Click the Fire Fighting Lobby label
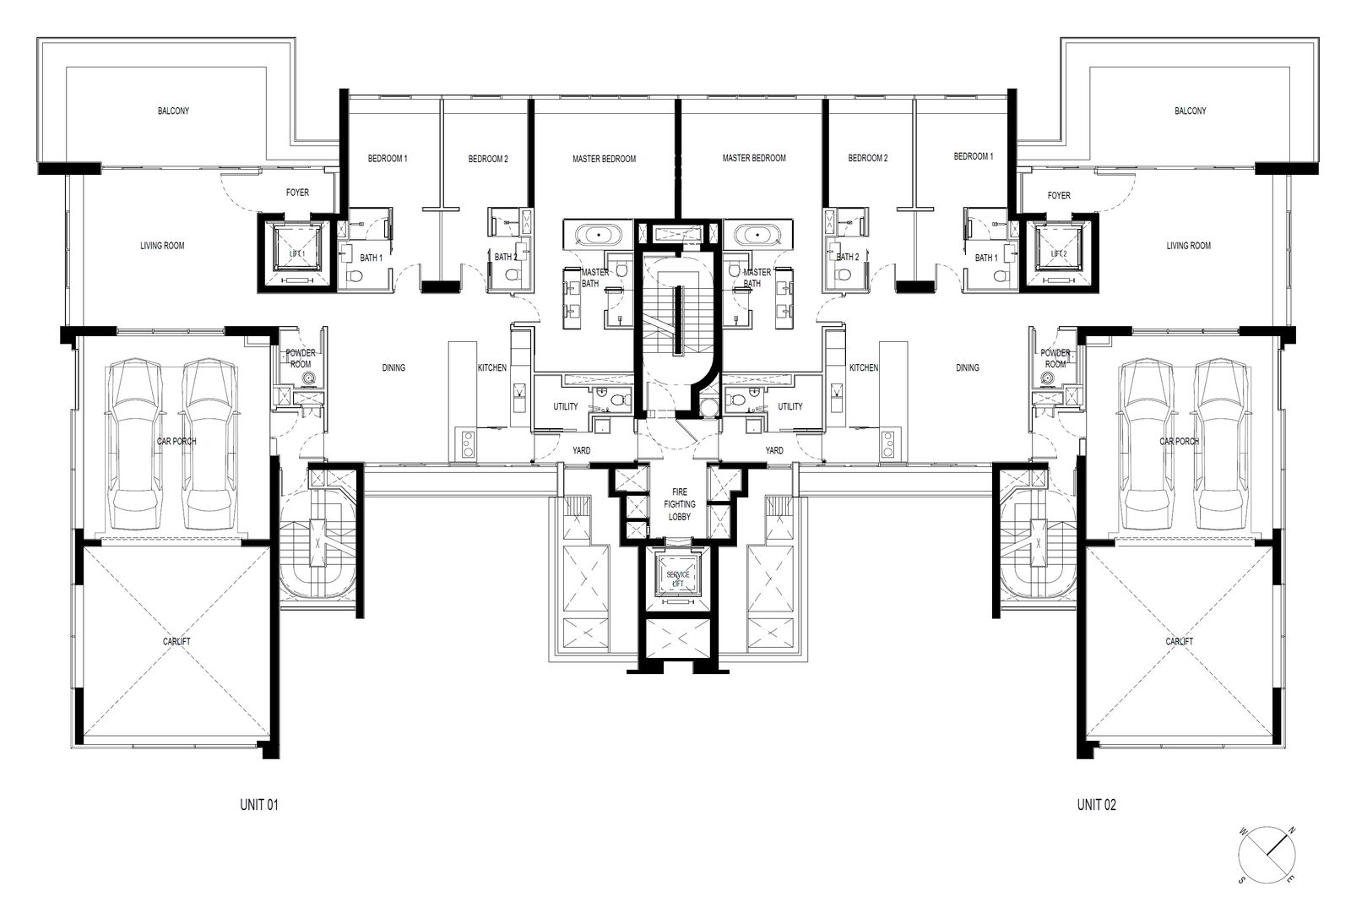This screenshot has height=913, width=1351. point(679,504)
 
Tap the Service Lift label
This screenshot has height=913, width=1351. point(678,579)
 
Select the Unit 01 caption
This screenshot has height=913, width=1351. point(258,804)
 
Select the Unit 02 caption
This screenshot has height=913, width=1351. point(1097,804)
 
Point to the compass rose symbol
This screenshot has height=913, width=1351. point(1267,855)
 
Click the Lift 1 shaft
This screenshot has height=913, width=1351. point(296,253)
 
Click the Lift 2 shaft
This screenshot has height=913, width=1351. point(1059,253)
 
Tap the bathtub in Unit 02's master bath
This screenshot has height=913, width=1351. point(757,234)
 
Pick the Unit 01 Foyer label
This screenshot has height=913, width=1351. point(296,193)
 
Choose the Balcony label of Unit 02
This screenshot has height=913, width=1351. point(1190,111)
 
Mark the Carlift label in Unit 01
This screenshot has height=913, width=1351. point(176,641)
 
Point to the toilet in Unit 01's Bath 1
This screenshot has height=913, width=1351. point(355,276)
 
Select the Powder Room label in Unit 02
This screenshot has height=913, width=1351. point(1055,358)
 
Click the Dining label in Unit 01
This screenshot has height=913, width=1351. point(393,367)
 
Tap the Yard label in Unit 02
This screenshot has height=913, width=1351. point(773,451)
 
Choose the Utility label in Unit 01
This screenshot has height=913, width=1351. point(565,407)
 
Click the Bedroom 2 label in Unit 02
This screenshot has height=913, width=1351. point(868,158)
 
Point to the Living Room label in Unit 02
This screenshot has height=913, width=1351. point(1188,246)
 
